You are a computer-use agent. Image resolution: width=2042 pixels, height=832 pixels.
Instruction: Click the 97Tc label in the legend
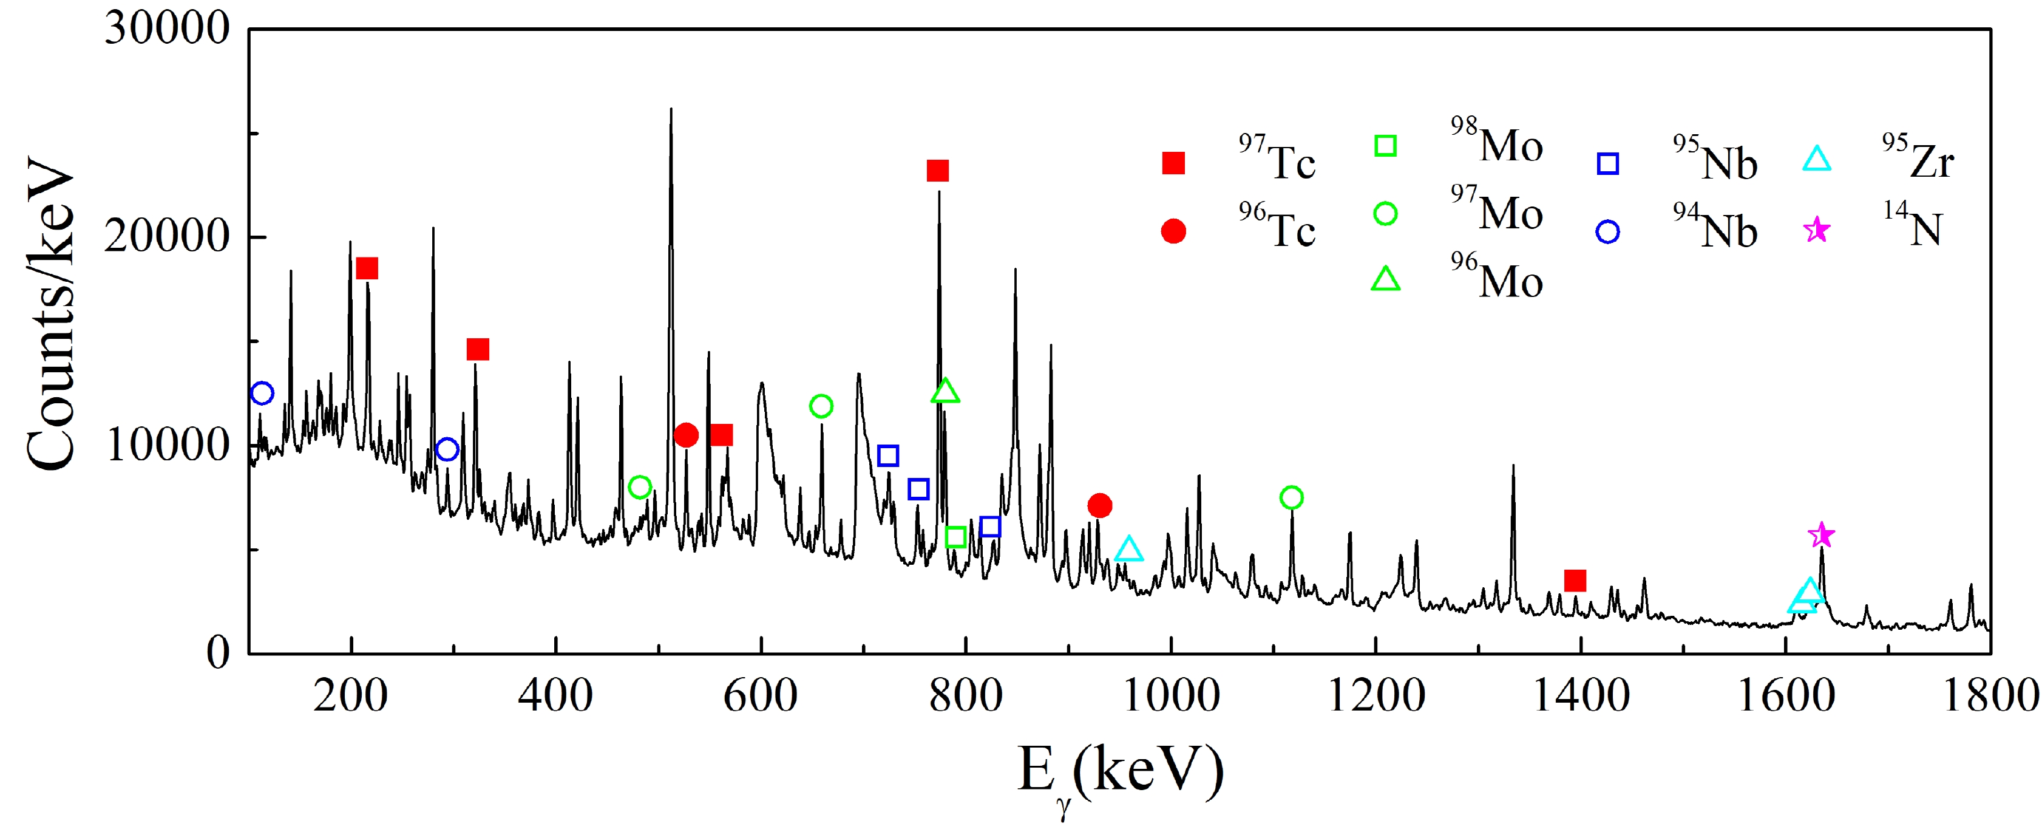tap(1277, 160)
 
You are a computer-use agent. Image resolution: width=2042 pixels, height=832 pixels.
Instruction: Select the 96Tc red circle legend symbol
tap(1173, 231)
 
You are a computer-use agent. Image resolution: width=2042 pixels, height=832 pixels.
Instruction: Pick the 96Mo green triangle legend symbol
tap(1386, 279)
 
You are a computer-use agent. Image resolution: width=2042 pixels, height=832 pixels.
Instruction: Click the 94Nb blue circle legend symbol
tap(1607, 231)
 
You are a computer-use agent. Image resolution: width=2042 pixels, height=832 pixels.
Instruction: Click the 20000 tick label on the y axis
tap(168, 236)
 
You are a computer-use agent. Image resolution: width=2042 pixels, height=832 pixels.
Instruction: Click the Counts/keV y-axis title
tap(50, 313)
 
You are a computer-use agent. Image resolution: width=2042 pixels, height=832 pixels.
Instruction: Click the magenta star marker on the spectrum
tap(1822, 536)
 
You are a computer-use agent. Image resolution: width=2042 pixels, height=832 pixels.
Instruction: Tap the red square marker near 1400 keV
tap(1575, 581)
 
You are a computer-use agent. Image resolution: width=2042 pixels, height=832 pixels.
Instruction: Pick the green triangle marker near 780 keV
tap(945, 391)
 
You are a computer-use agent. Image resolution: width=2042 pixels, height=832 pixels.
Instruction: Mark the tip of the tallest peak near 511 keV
tap(671, 109)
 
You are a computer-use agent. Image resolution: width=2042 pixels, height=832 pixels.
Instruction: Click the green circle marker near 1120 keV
tap(1291, 497)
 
